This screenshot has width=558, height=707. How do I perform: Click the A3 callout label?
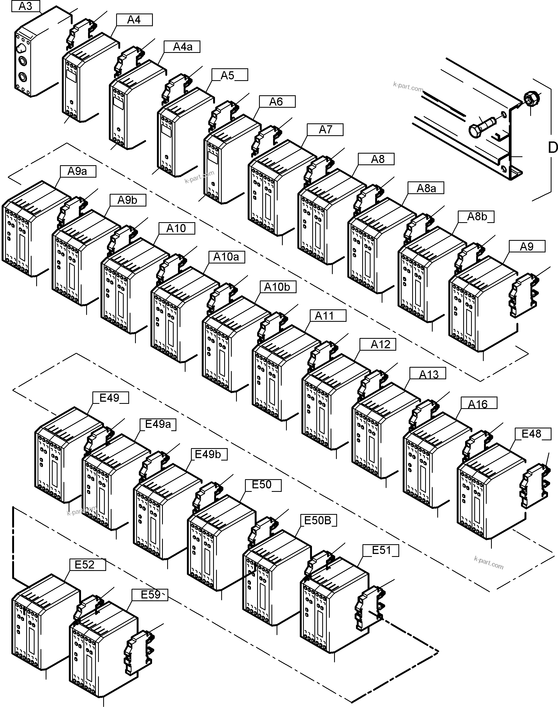tap(25, 6)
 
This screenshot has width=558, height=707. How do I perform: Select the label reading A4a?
tap(182, 47)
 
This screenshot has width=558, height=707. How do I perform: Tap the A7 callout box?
tap(325, 130)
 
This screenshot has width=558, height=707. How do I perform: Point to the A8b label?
tap(476, 217)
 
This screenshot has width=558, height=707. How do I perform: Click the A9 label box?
tap(527, 246)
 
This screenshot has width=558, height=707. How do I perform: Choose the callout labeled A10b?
tap(277, 287)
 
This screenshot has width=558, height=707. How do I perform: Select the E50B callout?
tap(318, 520)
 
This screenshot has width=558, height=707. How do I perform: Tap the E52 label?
tap(85, 565)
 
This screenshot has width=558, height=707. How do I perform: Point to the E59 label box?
tap(150, 595)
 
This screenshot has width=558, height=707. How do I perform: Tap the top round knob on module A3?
tap(21, 48)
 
